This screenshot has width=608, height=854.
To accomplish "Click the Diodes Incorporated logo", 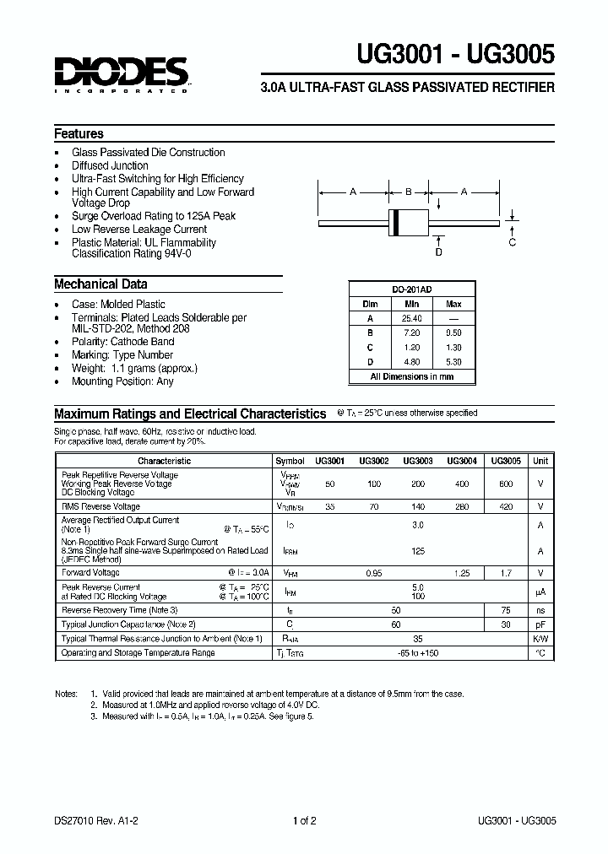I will pos(122,74).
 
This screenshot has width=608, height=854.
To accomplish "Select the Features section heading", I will pos(79,133).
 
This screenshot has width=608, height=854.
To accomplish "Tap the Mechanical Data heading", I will pos(100,284).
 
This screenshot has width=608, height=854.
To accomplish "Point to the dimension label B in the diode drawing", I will pos(409,192).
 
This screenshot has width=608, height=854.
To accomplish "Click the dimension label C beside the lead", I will pos(512,243).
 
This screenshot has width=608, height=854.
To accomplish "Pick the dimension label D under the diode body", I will pos(438,251).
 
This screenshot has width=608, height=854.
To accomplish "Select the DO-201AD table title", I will pos(411,289).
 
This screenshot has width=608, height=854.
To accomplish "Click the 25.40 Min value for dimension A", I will pos(411,318).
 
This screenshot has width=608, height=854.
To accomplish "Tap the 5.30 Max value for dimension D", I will pos(453,362).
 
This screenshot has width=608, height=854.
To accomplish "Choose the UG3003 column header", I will pos(418,461).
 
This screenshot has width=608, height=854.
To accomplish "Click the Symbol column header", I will pos(290,461).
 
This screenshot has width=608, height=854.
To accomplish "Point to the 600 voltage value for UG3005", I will pos(506,484).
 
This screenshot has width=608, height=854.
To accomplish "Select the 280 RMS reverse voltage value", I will pos(462,506).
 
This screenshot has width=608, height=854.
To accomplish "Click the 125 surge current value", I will pos(417,550).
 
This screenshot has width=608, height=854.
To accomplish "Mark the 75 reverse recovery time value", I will pos(506,609).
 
